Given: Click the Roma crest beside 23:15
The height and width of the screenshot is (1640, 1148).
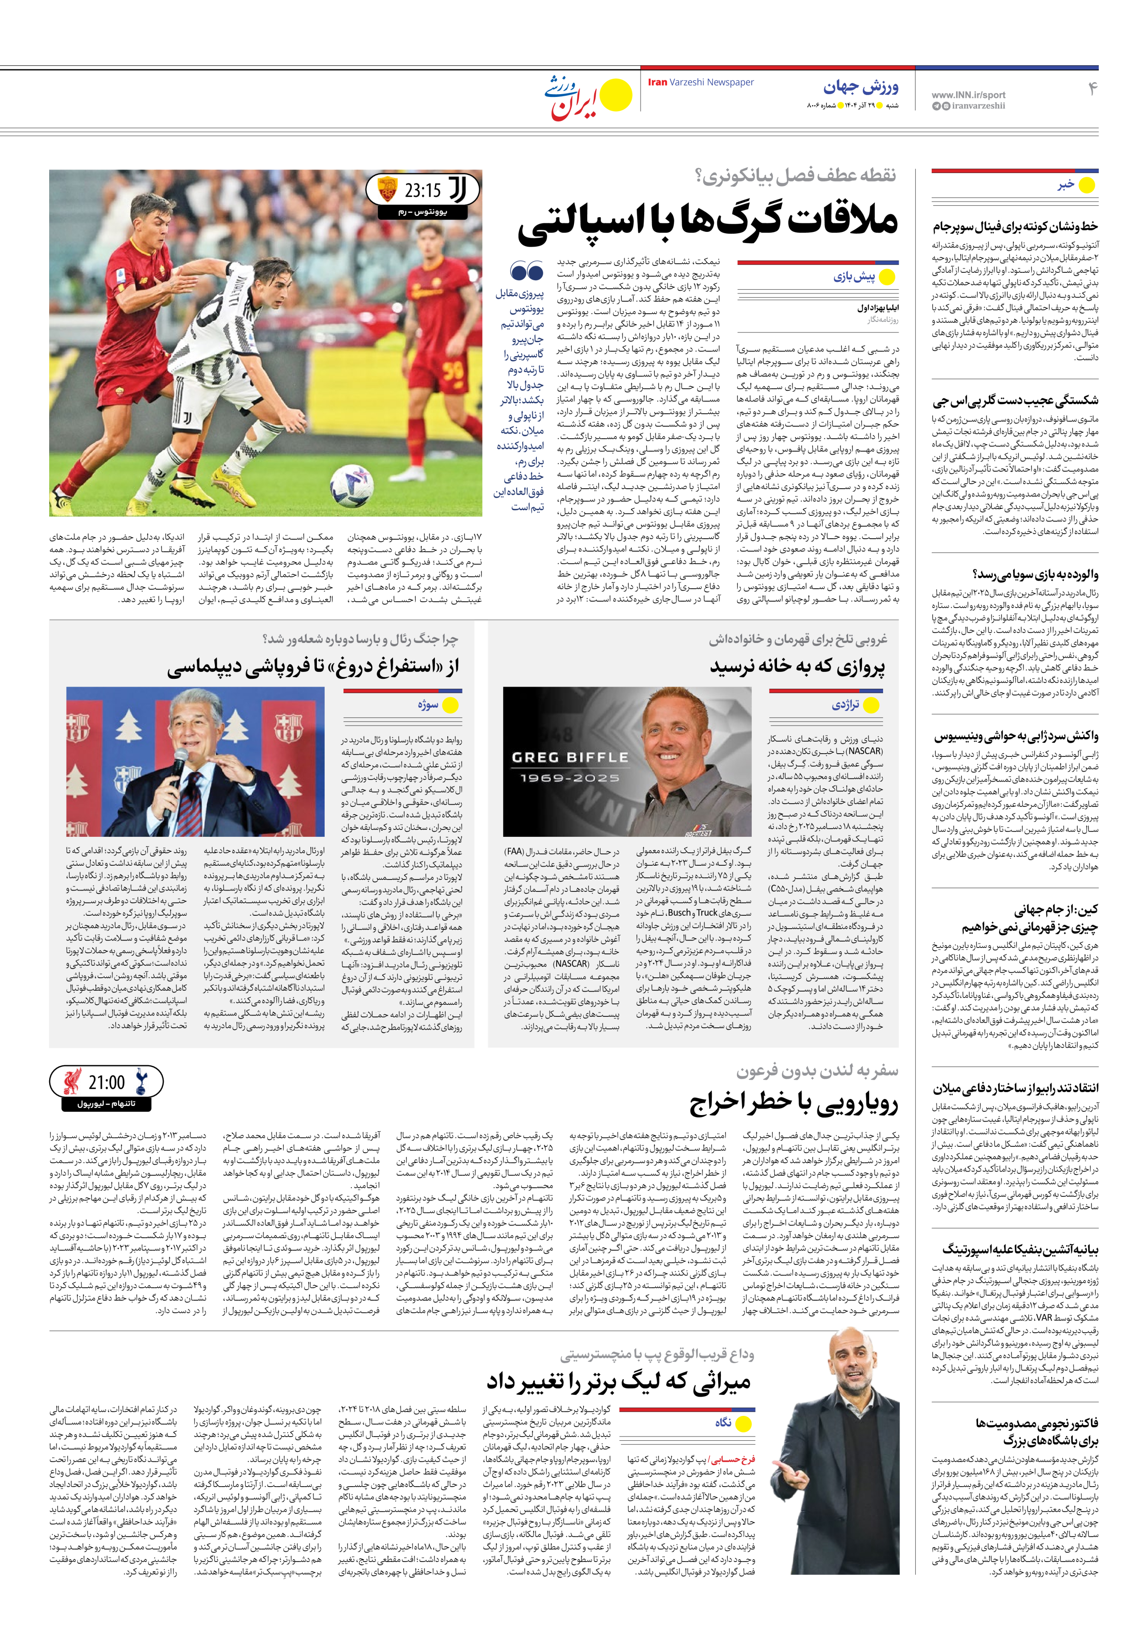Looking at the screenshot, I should [x=387, y=190].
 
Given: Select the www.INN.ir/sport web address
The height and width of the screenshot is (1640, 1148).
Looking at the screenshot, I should [x=968, y=94].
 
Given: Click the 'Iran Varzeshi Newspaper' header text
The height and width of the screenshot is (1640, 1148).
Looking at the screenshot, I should [x=701, y=82].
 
